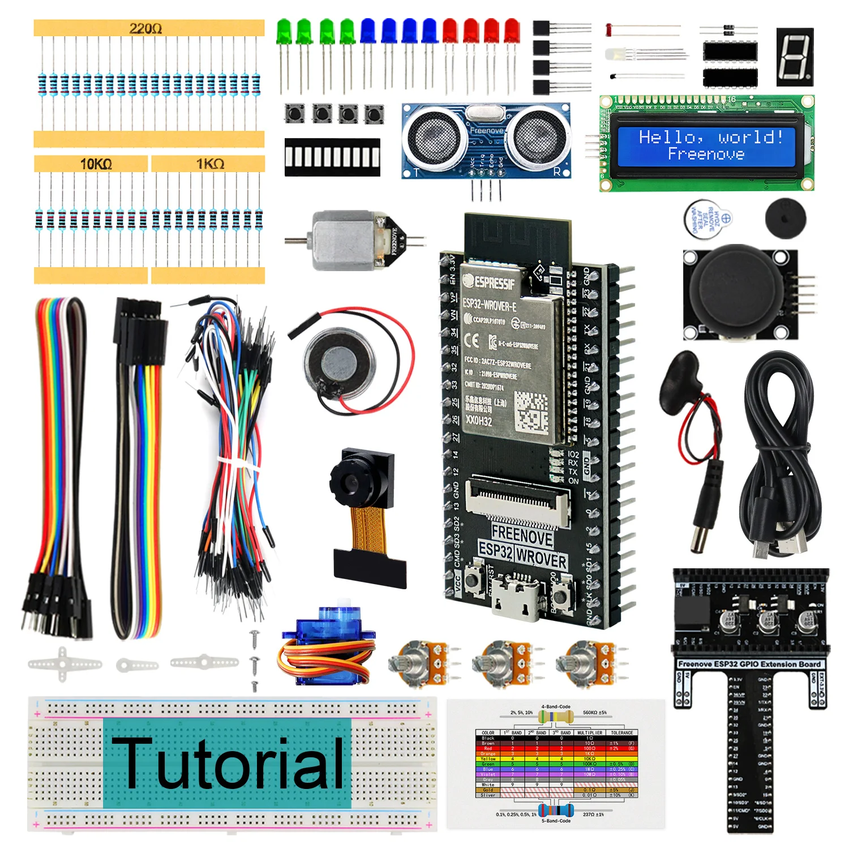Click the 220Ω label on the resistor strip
tap(145, 28)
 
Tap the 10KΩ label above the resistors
tap(96, 164)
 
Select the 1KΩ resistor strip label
tap(210, 164)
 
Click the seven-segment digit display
tap(794, 57)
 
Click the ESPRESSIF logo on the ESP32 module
tap(490, 281)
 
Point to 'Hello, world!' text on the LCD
tap(711, 137)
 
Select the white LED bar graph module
tap(332, 157)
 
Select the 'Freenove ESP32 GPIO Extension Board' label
tap(749, 664)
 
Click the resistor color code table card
tap(556, 764)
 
